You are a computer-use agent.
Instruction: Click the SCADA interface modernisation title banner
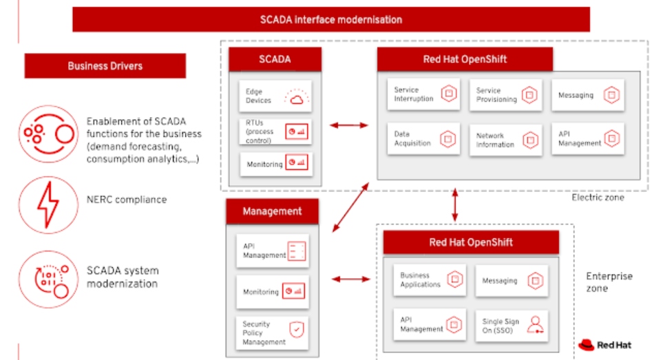click(x=331, y=19)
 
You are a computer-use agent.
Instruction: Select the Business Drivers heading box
click(x=105, y=65)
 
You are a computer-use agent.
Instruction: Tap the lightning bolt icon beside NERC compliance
click(x=48, y=204)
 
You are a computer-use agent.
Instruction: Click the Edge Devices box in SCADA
click(x=275, y=96)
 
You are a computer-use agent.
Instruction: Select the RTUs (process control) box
click(x=275, y=131)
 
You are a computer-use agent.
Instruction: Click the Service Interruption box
click(x=423, y=94)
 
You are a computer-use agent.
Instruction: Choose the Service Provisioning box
click(x=505, y=95)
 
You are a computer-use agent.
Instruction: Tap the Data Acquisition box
click(x=423, y=139)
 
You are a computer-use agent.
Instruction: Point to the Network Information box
click(x=505, y=140)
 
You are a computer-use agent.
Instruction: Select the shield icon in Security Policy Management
click(x=297, y=330)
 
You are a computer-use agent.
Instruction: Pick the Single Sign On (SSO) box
click(x=512, y=326)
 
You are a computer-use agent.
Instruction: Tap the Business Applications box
click(x=430, y=279)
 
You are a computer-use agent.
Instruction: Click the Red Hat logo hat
click(x=587, y=345)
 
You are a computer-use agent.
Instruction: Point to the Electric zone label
click(x=598, y=198)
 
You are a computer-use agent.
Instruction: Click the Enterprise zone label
click(x=609, y=282)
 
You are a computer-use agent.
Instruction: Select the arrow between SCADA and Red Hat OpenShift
click(x=349, y=125)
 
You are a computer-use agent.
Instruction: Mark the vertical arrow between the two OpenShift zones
click(x=455, y=204)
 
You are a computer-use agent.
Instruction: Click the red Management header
click(x=273, y=211)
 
